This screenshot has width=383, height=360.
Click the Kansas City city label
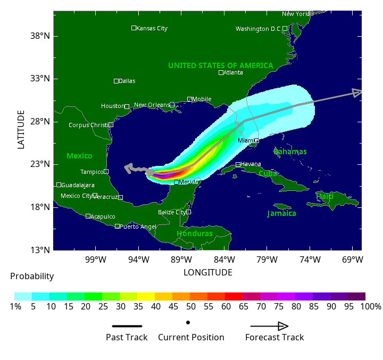[x=152, y=28]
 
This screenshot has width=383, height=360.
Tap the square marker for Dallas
[x=116, y=81]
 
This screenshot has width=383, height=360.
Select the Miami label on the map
[x=246, y=140]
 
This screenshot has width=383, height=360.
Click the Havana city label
[x=251, y=164]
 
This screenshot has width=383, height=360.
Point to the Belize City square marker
[x=189, y=212]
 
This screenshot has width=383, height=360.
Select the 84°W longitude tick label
[x=224, y=259]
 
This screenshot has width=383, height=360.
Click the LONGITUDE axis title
[x=207, y=272]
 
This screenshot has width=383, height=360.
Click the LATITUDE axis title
[x=21, y=130]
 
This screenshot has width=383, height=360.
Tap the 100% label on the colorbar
[x=370, y=306]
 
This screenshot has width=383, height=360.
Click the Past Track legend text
[x=127, y=337]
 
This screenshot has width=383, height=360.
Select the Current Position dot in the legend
[x=188, y=322]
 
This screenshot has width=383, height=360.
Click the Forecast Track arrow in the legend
[x=269, y=326]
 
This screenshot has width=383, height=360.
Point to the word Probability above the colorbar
[x=32, y=276]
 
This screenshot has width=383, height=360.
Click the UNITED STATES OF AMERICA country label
[x=220, y=65]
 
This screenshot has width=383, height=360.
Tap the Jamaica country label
[x=281, y=213]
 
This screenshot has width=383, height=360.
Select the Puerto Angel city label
[x=138, y=227]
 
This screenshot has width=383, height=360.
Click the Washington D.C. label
[x=259, y=29]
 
